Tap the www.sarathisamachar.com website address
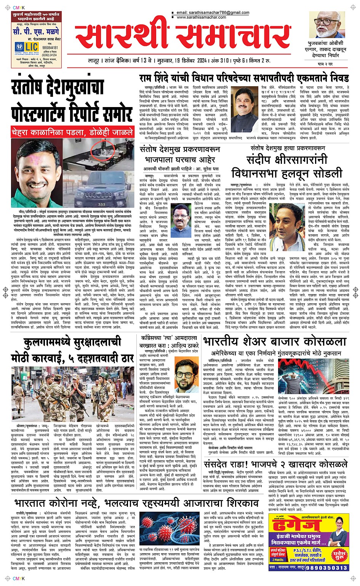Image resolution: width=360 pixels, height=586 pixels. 208,17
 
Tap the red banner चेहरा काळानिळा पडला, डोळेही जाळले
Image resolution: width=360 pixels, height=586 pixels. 72,133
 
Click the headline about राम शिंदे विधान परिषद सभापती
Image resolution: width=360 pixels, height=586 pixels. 244,78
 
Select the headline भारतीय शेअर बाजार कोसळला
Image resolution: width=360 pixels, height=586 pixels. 274,341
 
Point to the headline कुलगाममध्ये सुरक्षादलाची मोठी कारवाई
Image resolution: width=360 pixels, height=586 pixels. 73,349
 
